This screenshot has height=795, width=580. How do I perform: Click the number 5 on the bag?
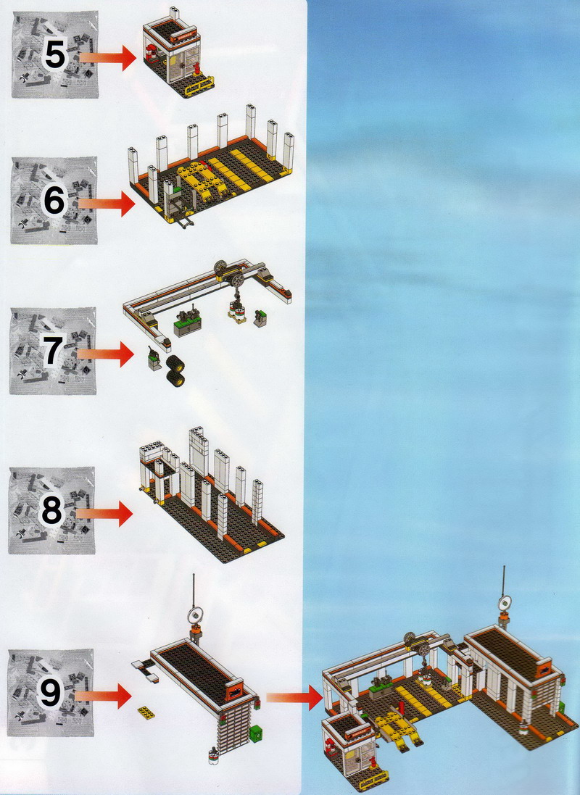pyautogui.click(x=55, y=55)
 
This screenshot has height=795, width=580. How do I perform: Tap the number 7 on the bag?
pyautogui.click(x=52, y=351)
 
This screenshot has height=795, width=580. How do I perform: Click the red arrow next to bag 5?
pyautogui.click(x=108, y=57)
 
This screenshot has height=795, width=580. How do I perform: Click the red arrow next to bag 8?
pyautogui.click(x=107, y=514)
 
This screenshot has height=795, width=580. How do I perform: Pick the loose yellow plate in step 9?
pyautogui.click(x=146, y=712)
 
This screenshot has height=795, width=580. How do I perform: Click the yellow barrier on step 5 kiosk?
pyautogui.click(x=198, y=90)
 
